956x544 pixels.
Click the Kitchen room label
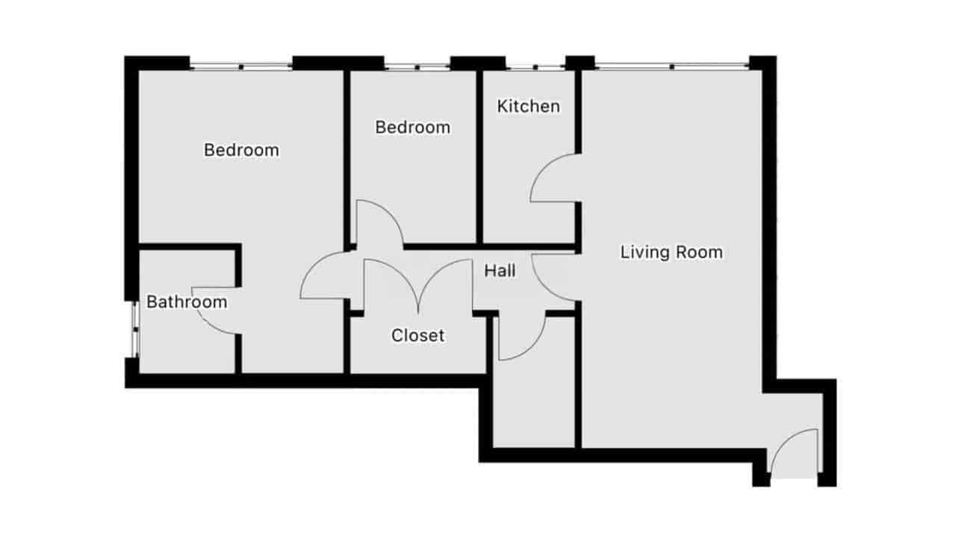[x=528, y=107]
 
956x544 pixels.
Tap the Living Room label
[x=671, y=252]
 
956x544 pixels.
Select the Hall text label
[x=500, y=271]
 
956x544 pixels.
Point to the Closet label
[x=418, y=336]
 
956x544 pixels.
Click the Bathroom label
[x=187, y=302]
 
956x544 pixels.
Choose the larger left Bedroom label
[x=241, y=150]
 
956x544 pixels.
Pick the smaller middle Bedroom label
[x=413, y=128]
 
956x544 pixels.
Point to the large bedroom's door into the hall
[x=314, y=266]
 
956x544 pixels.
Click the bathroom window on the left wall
[x=135, y=330]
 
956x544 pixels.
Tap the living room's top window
[x=671, y=66]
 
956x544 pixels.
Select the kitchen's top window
[x=536, y=67]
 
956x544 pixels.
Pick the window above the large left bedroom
[x=241, y=66]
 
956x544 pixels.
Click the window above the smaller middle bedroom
[x=417, y=66]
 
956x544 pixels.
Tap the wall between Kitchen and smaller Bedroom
[x=479, y=157]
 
